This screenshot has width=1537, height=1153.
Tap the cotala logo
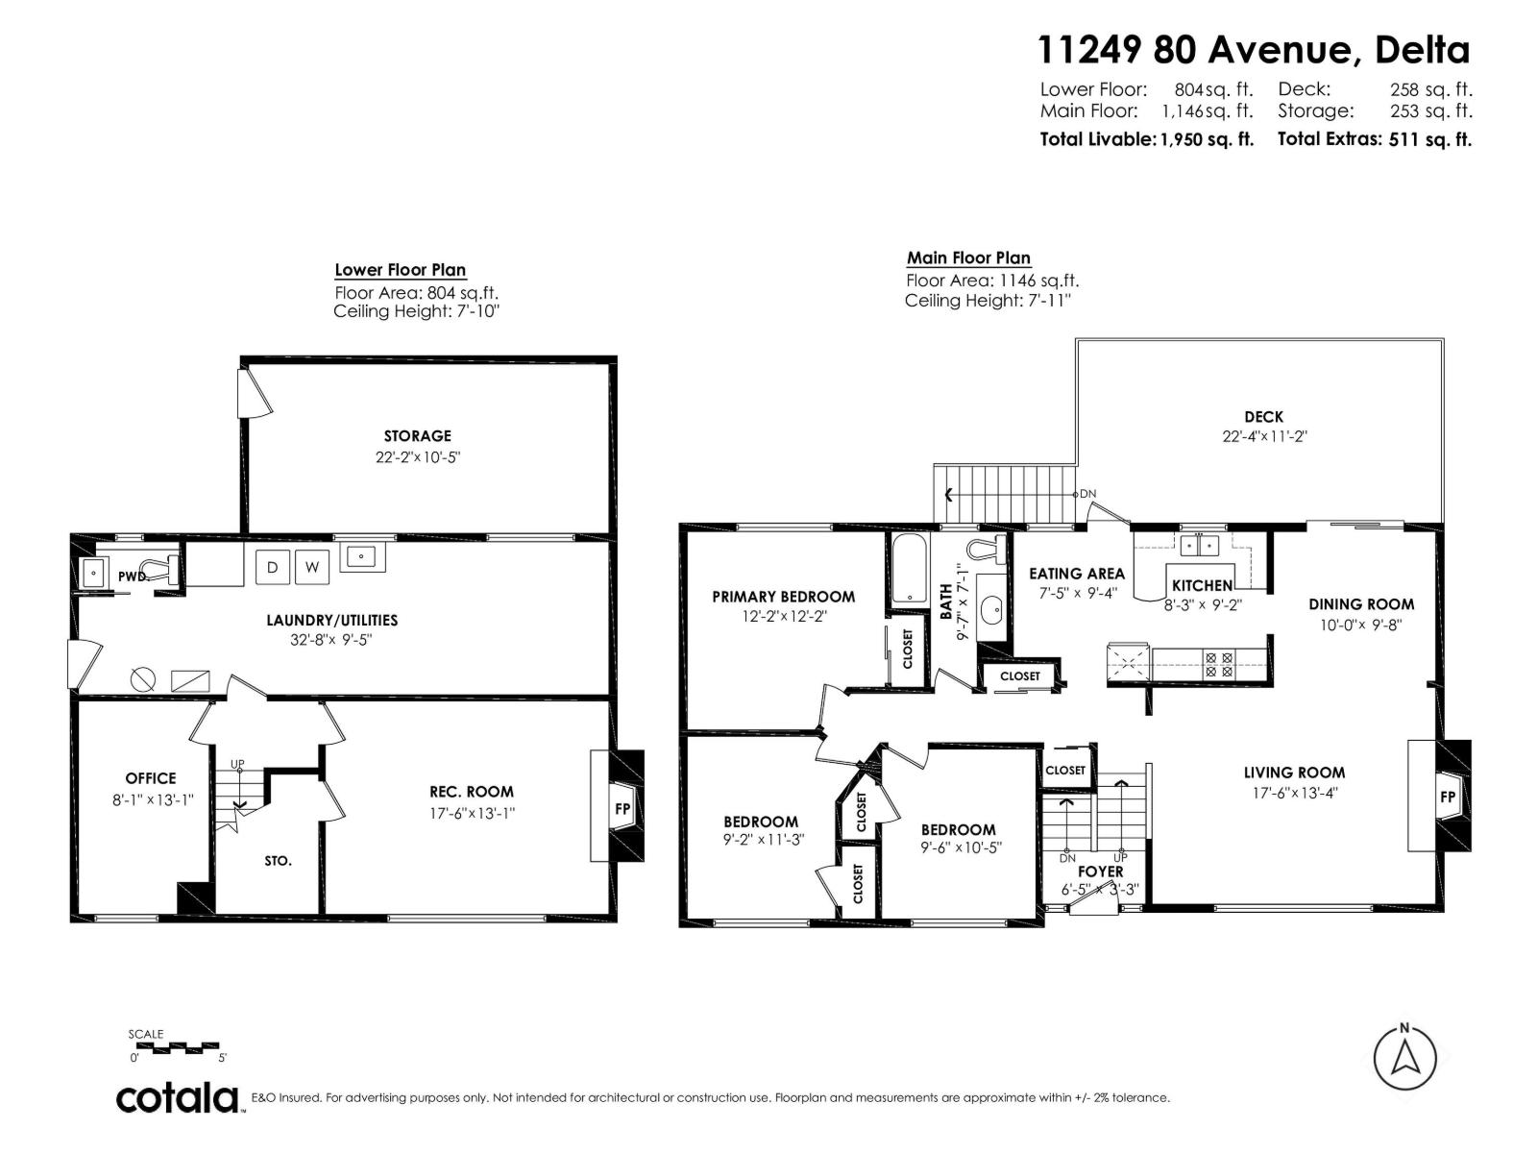coord(178,1097)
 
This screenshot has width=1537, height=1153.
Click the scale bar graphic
coord(173,1045)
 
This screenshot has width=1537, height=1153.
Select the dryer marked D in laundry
coord(273,567)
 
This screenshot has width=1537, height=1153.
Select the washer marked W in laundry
coord(311,567)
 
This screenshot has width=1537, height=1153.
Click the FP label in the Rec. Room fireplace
coord(622,808)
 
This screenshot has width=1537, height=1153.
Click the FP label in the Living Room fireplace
coord(1447,797)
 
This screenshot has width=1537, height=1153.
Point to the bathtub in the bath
coord(908,569)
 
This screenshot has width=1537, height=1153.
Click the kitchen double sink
coord(1199,545)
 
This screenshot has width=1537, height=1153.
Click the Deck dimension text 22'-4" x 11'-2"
coord(1263,435)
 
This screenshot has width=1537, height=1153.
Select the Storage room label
coord(417,435)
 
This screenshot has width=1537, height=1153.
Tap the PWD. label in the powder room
coord(132,576)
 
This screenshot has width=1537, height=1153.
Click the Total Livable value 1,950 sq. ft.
coord(1207,139)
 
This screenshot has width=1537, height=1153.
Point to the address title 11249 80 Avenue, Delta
coord(1254,49)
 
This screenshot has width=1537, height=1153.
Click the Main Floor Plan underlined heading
coord(968,258)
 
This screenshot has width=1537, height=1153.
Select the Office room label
coord(151,778)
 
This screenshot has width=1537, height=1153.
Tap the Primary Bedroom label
coord(783,597)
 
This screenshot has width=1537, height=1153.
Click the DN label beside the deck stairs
coord(1087,494)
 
